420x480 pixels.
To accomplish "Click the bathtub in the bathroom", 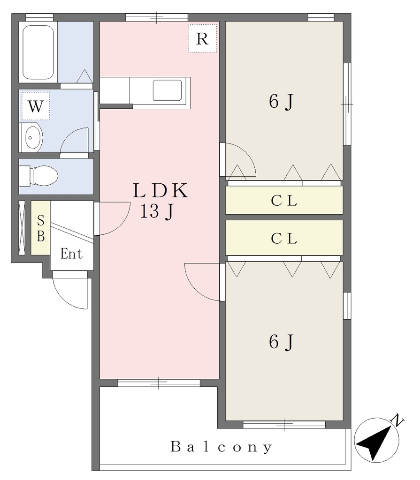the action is pos(38,52).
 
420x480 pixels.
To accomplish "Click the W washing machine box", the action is pos(36,106).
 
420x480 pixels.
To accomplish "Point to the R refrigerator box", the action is pos(202,38).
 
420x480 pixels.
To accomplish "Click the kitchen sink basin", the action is pos(168,90).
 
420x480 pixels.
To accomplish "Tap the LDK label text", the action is pos(160,190).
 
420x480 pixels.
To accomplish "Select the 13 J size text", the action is pos(157,211).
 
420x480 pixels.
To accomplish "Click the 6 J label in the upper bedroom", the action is pos(281,101).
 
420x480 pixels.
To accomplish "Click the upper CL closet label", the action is pos(284,201).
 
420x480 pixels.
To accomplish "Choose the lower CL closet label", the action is pos(284,239).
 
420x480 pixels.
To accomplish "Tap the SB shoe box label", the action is pos(41,228).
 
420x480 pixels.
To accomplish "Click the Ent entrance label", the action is pos(71,254).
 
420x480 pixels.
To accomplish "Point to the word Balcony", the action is pos(221,447).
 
